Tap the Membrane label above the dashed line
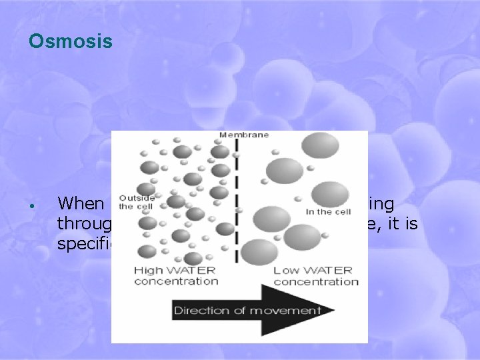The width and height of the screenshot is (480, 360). (245, 135)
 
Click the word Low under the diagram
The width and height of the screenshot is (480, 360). (285, 270)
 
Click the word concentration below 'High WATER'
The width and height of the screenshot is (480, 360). (176, 281)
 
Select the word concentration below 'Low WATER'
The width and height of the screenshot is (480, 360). (316, 281)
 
